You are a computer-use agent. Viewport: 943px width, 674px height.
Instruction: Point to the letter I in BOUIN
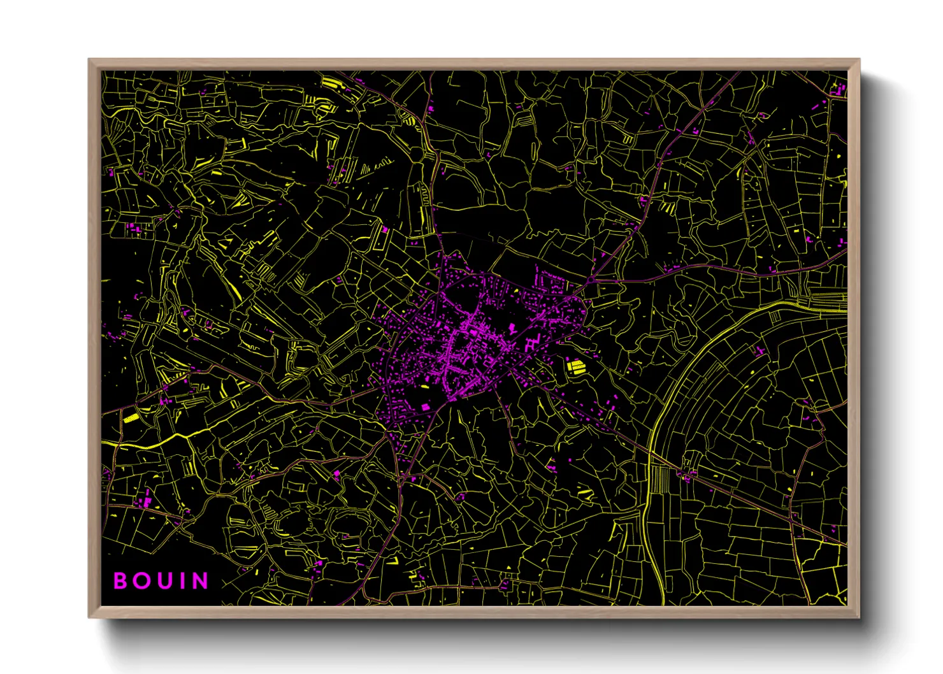click(x=180, y=581)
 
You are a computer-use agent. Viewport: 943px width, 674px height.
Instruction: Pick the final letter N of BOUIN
click(x=200, y=581)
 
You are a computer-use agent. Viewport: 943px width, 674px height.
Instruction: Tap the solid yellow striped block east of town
click(x=575, y=366)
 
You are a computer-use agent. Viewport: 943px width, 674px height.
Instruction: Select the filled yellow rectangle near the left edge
click(x=131, y=418)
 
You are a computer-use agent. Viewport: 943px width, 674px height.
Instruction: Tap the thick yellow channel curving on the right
click(x=675, y=382)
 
